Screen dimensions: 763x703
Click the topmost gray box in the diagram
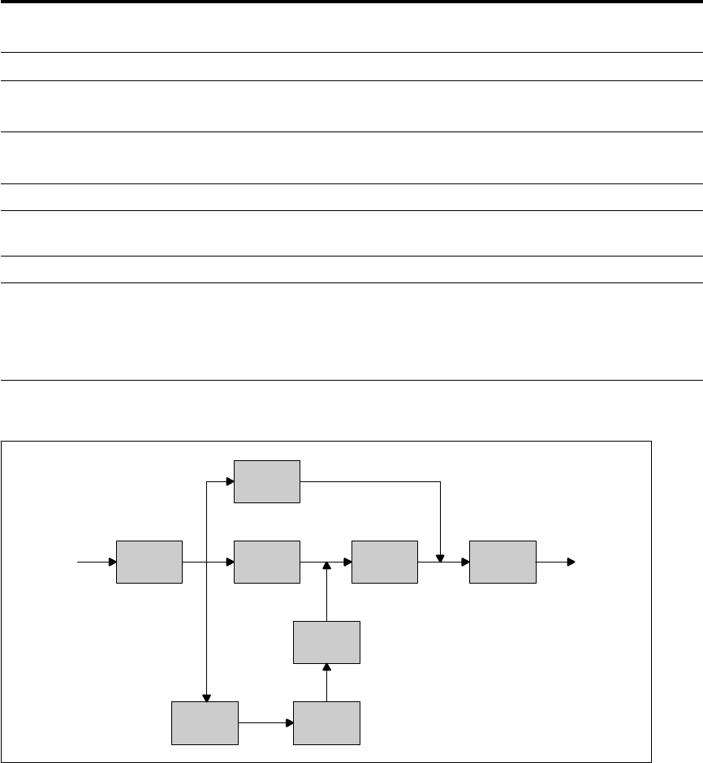click(267, 481)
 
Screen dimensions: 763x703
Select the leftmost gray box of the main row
click(149, 561)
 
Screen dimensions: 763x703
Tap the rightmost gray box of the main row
click(502, 561)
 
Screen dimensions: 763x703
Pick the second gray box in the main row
click(267, 561)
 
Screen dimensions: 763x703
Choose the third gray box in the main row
click(385, 561)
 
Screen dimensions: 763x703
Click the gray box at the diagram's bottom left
click(205, 722)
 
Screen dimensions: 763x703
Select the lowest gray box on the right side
click(326, 722)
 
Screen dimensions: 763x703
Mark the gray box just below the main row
click(326, 642)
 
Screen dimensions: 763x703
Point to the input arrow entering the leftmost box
click(96, 561)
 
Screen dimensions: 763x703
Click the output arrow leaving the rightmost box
click(556, 561)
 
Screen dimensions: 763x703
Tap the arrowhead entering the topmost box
click(230, 481)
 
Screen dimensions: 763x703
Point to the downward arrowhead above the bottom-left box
click(208, 697)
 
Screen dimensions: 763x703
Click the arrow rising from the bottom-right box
click(326, 682)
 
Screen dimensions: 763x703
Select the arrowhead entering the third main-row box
click(347, 561)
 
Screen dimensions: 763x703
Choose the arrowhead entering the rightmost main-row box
click(465, 561)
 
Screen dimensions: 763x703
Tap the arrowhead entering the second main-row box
click(230, 561)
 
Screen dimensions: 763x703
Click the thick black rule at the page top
click(351, 2)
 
